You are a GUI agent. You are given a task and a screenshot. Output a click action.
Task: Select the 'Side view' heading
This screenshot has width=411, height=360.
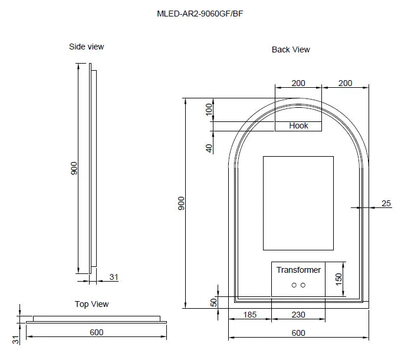pyautogui.click(x=87, y=47)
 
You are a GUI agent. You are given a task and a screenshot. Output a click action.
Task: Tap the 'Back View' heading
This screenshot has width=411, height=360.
pyautogui.click(x=291, y=49)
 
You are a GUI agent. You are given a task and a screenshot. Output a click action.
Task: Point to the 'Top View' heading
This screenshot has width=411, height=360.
pyautogui.click(x=91, y=304)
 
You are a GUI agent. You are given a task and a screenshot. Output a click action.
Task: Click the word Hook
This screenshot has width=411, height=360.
pyautogui.click(x=299, y=125)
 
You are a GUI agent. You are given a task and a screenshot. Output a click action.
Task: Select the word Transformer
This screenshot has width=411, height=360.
pyautogui.click(x=298, y=270)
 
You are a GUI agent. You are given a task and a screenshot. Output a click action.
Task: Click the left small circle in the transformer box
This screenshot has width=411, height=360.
pyautogui.click(x=294, y=285)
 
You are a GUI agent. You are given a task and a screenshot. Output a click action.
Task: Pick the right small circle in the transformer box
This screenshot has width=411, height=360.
pyautogui.click(x=303, y=285)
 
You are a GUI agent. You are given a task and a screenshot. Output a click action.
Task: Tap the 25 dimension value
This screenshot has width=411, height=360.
pyautogui.click(x=386, y=203)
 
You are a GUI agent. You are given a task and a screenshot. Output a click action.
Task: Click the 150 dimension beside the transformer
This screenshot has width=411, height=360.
pyautogui.click(x=339, y=279)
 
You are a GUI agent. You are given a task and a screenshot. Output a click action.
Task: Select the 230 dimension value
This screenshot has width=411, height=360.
pyautogui.click(x=298, y=315)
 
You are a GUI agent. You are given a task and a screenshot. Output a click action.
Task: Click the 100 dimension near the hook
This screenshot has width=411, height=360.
pyautogui.click(x=208, y=110)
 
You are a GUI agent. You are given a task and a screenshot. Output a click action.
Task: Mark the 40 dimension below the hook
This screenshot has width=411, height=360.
pyautogui.click(x=208, y=148)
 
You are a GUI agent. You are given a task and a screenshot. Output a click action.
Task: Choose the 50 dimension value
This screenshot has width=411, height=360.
pyautogui.click(x=213, y=302)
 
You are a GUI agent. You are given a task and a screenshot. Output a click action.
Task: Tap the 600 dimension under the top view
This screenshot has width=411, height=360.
pyautogui.click(x=97, y=332)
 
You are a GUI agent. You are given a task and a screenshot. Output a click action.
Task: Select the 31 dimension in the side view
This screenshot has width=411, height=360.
pyautogui.click(x=113, y=277)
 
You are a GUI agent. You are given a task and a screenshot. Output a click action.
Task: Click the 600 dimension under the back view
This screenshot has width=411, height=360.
pyautogui.click(x=298, y=333)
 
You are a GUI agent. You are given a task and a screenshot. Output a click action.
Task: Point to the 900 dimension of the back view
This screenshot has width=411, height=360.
pyautogui.click(x=182, y=203)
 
